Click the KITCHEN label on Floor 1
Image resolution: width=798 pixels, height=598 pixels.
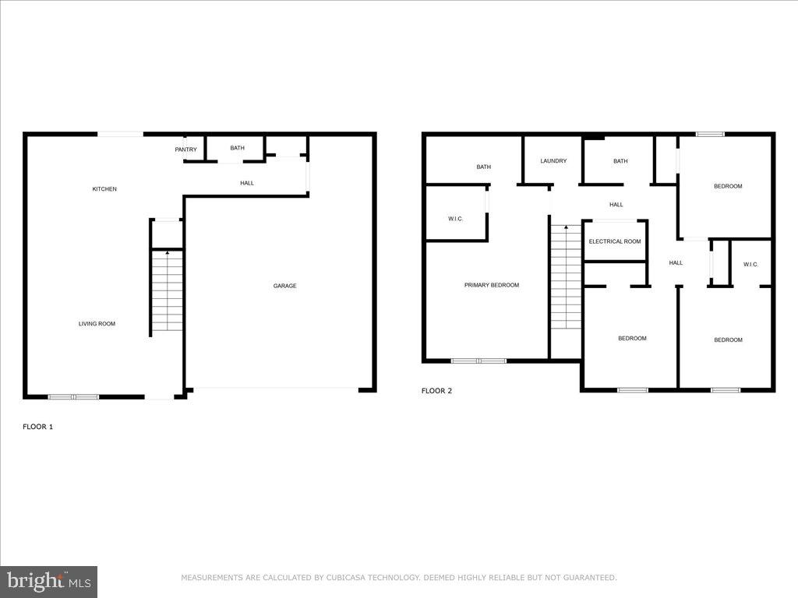tap(104, 189)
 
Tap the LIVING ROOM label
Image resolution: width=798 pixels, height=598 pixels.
tap(97, 324)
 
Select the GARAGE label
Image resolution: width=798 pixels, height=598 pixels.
tap(284, 286)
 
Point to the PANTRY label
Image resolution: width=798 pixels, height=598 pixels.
tap(185, 149)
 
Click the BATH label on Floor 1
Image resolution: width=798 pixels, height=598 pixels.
tap(237, 148)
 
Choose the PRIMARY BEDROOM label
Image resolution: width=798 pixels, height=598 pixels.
tap(491, 285)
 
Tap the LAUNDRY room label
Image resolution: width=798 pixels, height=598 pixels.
tap(553, 161)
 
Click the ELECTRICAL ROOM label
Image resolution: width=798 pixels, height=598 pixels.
tap(615, 241)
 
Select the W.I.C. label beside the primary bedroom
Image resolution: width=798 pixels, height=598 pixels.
tap(456, 219)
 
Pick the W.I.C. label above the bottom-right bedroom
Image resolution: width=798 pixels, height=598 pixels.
tap(750, 265)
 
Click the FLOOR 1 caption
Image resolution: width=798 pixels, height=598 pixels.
tap(37, 427)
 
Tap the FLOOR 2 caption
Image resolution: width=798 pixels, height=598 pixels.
tap(436, 391)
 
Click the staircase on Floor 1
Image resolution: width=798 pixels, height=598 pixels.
tap(167, 290)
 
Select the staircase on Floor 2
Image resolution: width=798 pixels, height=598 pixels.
tap(566, 276)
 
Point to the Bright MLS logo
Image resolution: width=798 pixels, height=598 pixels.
tap(48, 581)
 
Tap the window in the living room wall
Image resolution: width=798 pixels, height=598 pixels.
tap(73, 397)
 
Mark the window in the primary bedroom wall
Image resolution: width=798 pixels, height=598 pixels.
tap(478, 361)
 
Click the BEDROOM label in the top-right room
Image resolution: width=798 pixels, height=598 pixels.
tap(728, 186)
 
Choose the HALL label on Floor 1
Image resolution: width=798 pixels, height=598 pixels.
tap(246, 183)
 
